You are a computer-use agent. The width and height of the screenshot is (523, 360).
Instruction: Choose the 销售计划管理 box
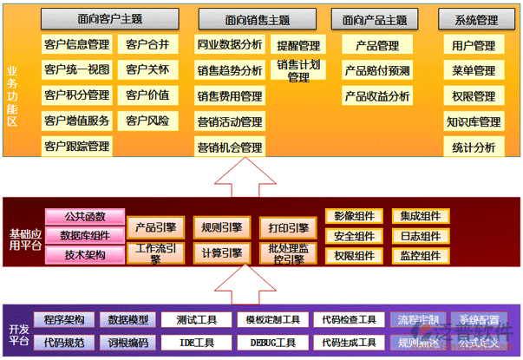tap(297, 70)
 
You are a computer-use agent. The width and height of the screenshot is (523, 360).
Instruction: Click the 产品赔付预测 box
tap(376, 71)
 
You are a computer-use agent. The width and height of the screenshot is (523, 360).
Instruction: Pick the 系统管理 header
tap(474, 19)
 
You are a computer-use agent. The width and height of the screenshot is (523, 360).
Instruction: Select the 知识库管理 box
tap(474, 122)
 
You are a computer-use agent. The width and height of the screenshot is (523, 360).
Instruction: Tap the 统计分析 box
tap(474, 147)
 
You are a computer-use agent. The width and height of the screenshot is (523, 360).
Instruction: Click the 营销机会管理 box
tap(230, 147)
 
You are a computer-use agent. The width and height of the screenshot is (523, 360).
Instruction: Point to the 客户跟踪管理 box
tap(76, 147)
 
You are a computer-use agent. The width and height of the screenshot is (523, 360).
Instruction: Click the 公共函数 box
tap(84, 216)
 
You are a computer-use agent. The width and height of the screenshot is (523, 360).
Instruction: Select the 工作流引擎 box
tap(154, 252)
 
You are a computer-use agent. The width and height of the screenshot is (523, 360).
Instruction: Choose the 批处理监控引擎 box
tap(287, 252)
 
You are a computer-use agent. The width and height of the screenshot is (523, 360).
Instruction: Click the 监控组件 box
tap(420, 255)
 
